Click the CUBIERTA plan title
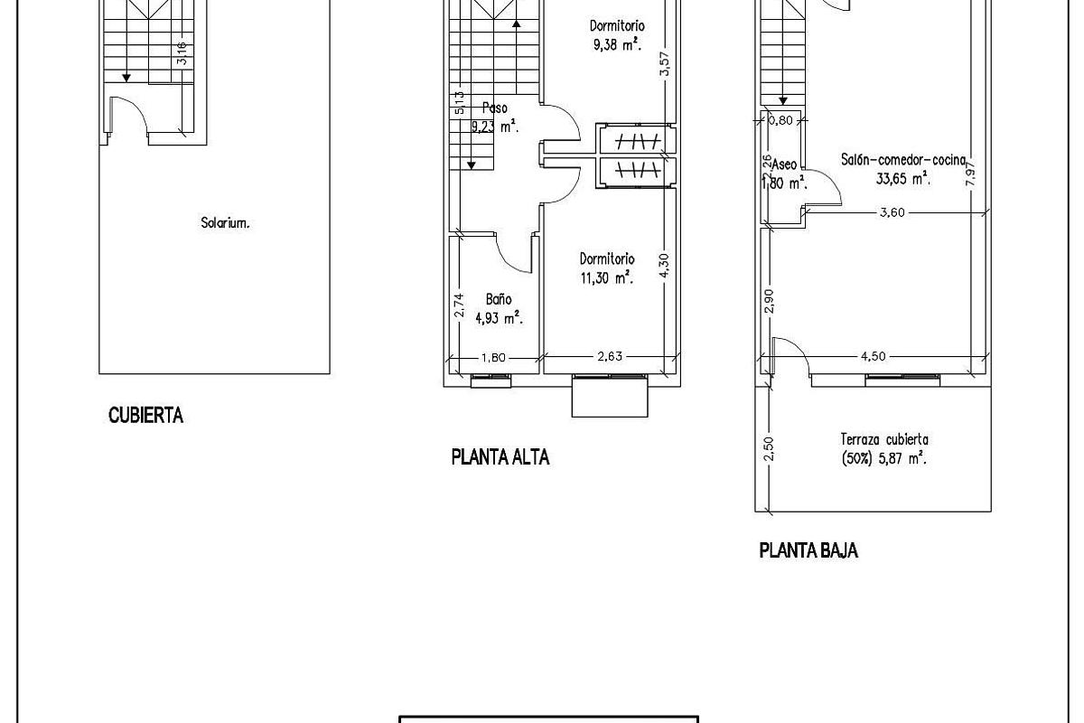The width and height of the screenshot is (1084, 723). click(x=145, y=416)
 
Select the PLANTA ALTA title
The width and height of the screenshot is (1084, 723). click(x=500, y=457)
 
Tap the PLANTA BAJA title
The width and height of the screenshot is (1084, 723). click(x=808, y=550)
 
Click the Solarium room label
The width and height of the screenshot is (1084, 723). click(x=225, y=222)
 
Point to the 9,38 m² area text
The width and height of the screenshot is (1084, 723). click(x=617, y=43)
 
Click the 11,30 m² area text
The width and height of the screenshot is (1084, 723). click(x=606, y=279)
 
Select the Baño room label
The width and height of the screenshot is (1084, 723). click(x=499, y=299)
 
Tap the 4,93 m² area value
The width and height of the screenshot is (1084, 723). click(x=500, y=317)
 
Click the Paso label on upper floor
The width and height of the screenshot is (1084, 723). click(x=495, y=108)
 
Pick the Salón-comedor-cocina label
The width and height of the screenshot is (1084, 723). click(x=902, y=160)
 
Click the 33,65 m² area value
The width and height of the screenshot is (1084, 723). click(x=902, y=179)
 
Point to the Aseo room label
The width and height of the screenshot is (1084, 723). click(x=783, y=164)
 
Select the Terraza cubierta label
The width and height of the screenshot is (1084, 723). click(x=883, y=440)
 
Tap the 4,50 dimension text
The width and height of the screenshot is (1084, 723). click(x=873, y=356)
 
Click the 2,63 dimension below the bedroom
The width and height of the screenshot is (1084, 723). click(x=610, y=357)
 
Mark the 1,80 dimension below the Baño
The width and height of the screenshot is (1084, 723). click(x=493, y=357)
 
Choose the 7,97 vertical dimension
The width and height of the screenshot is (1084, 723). click(x=971, y=170)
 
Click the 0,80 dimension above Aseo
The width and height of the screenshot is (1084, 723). click(x=780, y=119)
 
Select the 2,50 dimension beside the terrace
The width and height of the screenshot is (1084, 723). click(x=769, y=449)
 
